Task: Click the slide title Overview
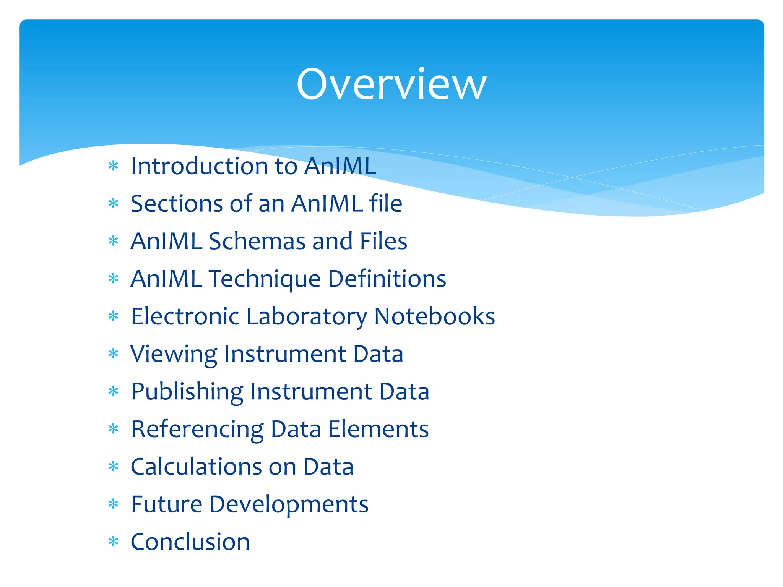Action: (391, 84)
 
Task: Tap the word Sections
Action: (176, 204)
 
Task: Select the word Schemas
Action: (257, 241)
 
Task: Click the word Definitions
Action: (387, 279)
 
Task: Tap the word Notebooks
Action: (434, 316)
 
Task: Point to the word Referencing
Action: (197, 429)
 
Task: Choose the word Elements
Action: (379, 429)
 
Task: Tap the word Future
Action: (166, 504)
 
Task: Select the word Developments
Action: (289, 504)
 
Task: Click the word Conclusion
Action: (190, 542)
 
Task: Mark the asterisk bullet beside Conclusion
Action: (114, 542)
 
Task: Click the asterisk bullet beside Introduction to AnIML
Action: (114, 166)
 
